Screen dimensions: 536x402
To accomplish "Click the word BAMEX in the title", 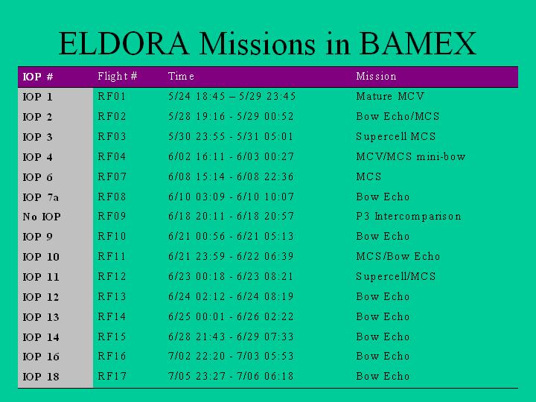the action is pos(418,43).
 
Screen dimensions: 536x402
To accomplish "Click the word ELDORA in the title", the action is pos(124,43).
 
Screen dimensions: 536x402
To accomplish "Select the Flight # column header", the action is pos(118,76).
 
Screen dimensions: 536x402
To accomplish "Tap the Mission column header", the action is pos(376,76).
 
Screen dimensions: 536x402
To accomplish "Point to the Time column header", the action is pos(181,76).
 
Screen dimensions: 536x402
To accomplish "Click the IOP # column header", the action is pos(38,76).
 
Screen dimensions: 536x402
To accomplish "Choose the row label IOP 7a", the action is pos(40,197).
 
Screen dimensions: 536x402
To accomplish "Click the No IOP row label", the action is pos(42,217).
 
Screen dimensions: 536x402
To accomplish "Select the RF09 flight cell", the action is pos(112,216).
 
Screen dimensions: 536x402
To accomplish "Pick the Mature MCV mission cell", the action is pos(390,96).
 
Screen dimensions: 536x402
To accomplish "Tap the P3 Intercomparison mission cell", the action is pos(409,216).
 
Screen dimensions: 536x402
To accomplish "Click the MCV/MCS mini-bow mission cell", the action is pos(410,156).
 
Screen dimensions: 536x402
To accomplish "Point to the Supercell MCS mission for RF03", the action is pos(396,136).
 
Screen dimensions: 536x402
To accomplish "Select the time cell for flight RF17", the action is pos(231,376).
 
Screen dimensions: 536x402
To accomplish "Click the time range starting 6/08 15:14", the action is pos(231,176).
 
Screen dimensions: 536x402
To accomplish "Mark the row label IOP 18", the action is pos(41,377).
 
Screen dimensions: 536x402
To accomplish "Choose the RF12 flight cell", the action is pos(112,276).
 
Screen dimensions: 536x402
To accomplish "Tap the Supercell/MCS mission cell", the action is pos(396,276).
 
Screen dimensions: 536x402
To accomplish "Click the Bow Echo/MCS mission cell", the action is pos(398,116).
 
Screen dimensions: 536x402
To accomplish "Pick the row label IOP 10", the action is pos(41,257).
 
